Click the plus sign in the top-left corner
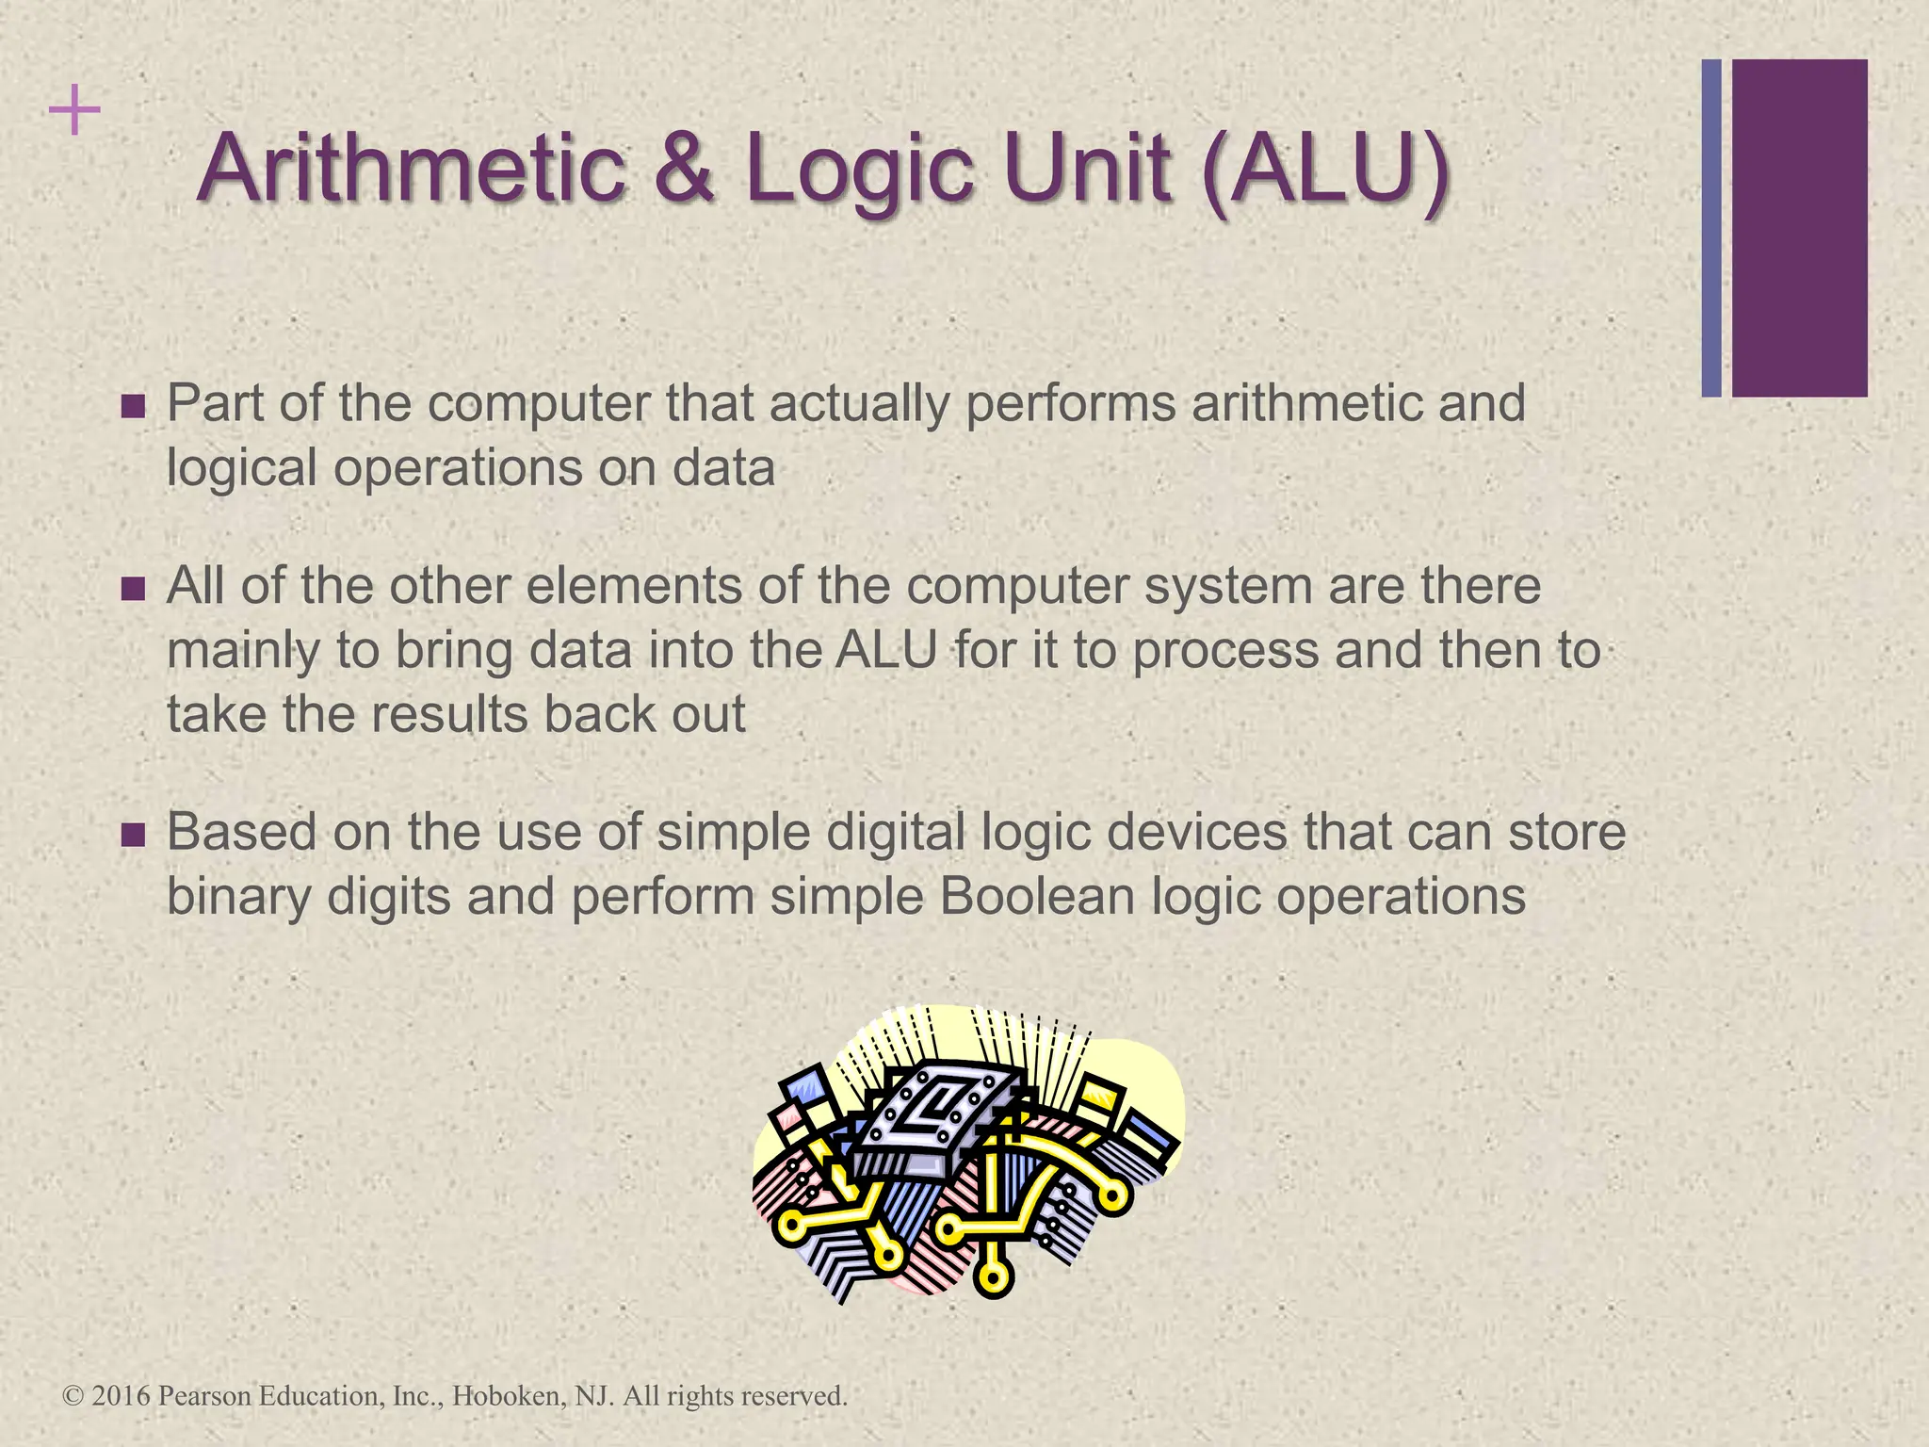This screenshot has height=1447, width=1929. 74,112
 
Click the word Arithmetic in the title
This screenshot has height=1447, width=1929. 412,170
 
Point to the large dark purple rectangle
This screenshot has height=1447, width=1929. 1799,228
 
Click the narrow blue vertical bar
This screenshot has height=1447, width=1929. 1711,228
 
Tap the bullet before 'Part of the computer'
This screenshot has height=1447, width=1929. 134,407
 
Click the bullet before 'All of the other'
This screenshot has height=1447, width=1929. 134,590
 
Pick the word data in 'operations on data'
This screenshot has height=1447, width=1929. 722,467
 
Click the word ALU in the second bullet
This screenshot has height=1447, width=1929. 885,650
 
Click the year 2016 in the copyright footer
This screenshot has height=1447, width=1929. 122,1395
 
